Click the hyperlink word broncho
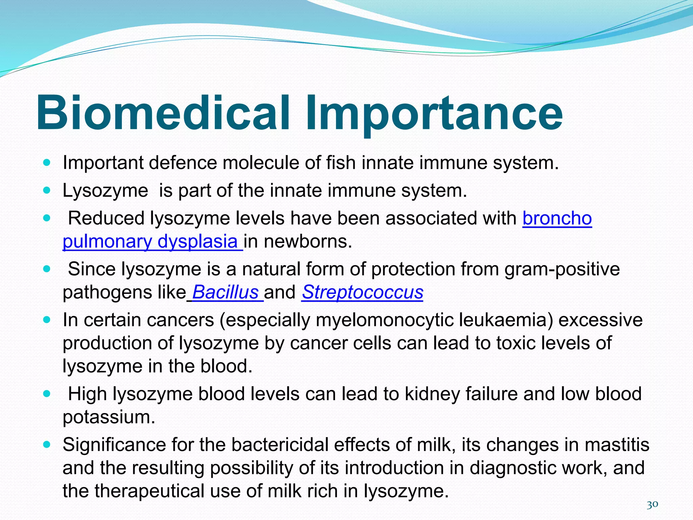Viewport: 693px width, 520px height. (x=557, y=218)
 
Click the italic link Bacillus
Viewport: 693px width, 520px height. (x=225, y=292)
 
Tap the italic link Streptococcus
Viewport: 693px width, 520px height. (x=362, y=292)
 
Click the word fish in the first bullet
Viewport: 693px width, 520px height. (x=340, y=163)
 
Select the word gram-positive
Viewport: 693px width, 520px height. (x=562, y=269)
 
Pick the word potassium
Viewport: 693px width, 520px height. (x=109, y=417)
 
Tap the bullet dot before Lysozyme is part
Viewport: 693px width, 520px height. (x=47, y=191)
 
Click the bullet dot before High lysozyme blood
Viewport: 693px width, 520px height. (x=47, y=394)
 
